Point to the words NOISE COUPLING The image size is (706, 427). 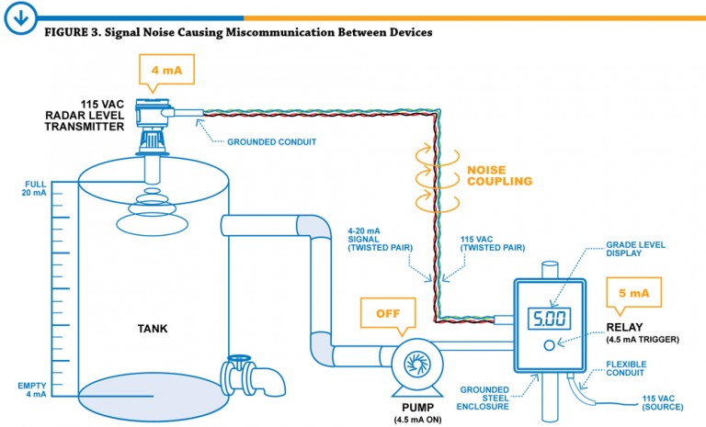pos(499,175)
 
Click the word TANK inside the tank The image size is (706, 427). pos(153,328)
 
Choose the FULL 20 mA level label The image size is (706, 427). pos(34,190)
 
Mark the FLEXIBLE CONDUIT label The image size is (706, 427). pos(626,369)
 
